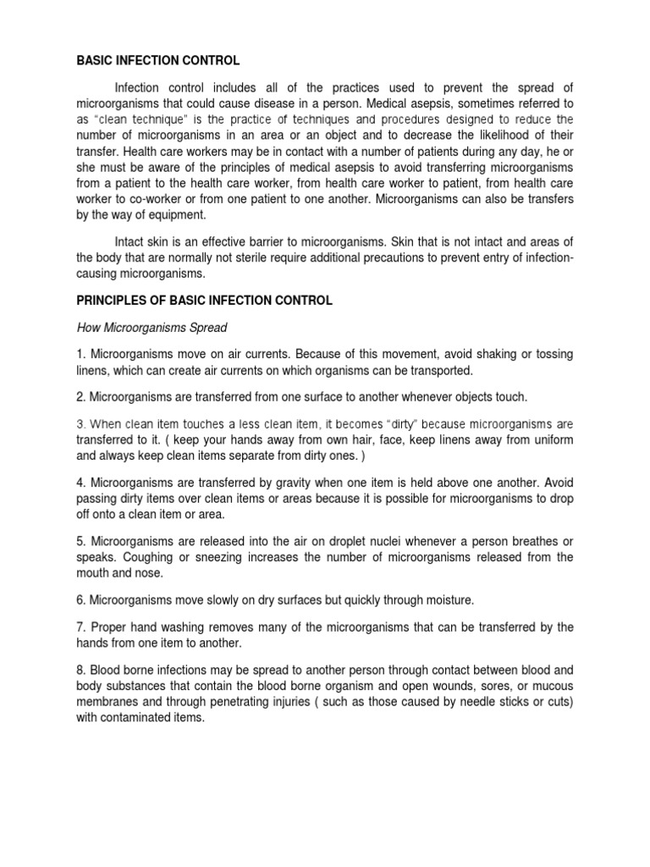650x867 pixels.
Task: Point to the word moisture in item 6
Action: click(x=447, y=600)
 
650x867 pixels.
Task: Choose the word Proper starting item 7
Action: click(x=109, y=627)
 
